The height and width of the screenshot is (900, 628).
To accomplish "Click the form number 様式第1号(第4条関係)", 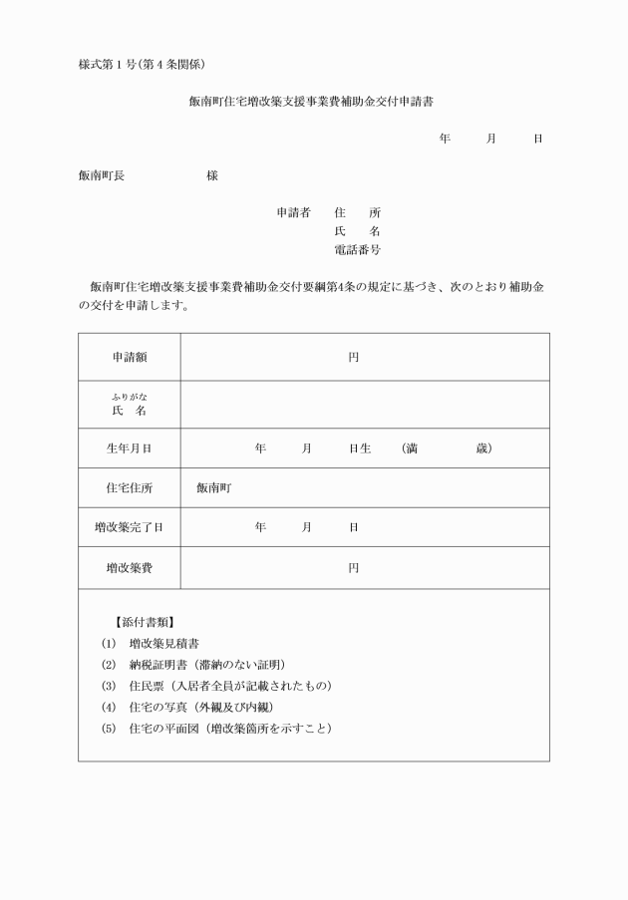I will click(x=142, y=65).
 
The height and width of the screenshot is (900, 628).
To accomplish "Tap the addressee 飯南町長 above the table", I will click(x=102, y=175).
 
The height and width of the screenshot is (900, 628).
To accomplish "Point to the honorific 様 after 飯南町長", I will click(x=212, y=175).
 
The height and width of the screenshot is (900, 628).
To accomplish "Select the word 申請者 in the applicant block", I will click(x=293, y=212).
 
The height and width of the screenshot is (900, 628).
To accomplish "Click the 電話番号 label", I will click(x=357, y=249).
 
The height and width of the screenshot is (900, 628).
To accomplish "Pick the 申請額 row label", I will click(x=129, y=357).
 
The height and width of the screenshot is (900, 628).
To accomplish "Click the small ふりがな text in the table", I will click(x=129, y=397).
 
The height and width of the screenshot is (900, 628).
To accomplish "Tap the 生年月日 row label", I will click(x=129, y=449).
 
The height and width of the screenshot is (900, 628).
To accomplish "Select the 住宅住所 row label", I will click(x=129, y=488).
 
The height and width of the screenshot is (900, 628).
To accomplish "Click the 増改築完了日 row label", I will click(x=129, y=527).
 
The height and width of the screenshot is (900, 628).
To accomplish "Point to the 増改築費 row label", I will click(x=129, y=567).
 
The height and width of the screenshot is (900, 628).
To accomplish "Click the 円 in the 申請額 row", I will click(x=353, y=357).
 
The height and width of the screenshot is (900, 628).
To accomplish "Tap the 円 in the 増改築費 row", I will click(x=353, y=567).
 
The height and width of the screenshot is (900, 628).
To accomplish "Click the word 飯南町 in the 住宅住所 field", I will click(x=214, y=488).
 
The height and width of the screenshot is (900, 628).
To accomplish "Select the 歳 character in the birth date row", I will click(x=482, y=449).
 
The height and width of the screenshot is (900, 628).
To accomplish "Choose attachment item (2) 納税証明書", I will click(x=199, y=664).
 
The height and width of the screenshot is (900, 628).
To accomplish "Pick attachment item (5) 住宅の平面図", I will click(x=216, y=728).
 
